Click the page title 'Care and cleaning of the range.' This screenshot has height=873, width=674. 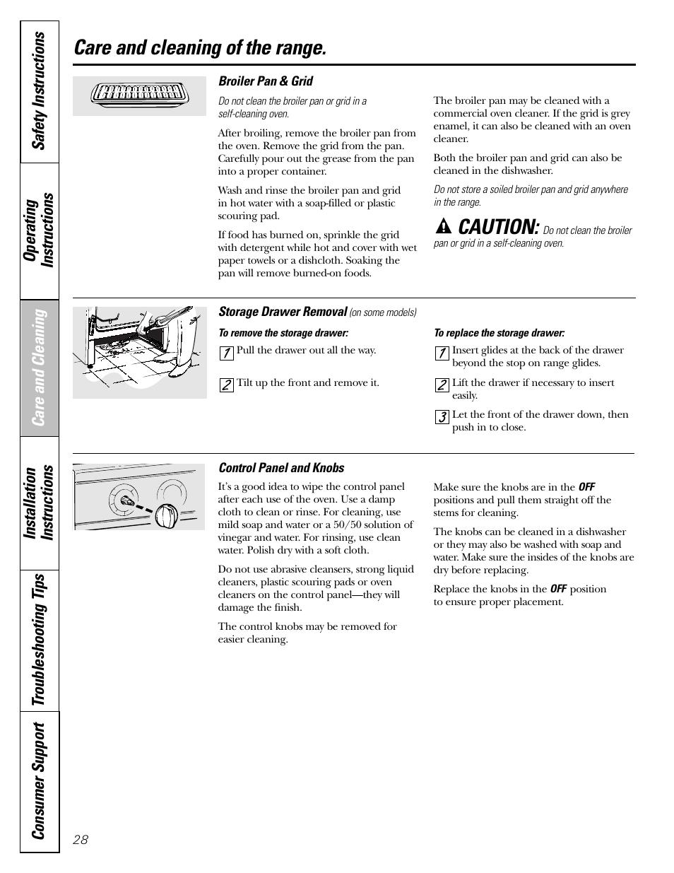point(200,48)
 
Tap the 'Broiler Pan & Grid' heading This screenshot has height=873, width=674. point(266,81)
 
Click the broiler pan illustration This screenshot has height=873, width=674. point(139,95)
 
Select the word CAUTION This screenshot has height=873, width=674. point(498,227)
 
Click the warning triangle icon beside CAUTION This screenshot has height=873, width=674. point(443,228)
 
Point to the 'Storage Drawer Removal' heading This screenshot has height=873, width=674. point(283,312)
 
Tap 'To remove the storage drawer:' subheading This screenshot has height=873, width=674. point(283,333)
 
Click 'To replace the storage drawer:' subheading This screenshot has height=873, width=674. point(499,333)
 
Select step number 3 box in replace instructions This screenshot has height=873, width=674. point(442,417)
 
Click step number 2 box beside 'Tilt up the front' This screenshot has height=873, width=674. point(226,385)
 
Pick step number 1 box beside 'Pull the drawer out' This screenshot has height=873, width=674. point(226,353)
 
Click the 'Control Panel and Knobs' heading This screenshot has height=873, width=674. point(281,468)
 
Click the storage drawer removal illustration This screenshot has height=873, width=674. point(140,352)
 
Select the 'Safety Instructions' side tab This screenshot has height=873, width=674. point(40,91)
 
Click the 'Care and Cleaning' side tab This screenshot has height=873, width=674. point(40,367)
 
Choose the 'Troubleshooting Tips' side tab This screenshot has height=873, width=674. point(40,639)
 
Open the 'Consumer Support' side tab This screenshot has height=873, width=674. point(40,780)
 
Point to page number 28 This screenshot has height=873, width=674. point(81,840)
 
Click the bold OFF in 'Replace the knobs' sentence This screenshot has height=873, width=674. point(558,589)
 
